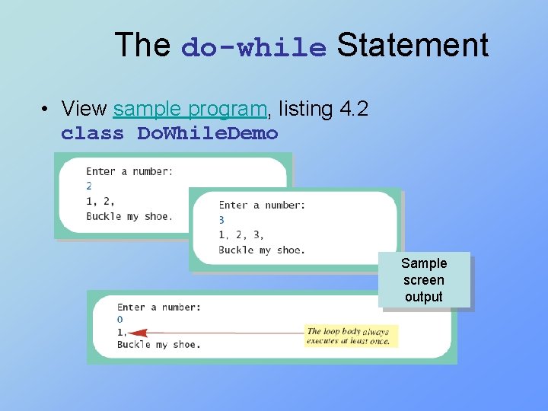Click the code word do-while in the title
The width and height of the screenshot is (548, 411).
coord(253,47)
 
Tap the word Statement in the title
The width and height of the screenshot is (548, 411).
coord(412,45)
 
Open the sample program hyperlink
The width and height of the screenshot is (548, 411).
coord(190,110)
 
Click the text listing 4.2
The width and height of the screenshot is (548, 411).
coord(323,110)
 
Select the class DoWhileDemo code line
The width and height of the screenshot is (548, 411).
coord(169,133)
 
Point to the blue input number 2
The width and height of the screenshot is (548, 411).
coord(89,186)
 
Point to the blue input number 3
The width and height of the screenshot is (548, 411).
coord(221,220)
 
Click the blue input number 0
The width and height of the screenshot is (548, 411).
coord(119,320)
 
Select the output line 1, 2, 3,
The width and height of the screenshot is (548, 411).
coord(241,234)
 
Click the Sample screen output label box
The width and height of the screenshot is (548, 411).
coord(424,280)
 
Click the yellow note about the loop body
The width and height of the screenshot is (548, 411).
coord(348,336)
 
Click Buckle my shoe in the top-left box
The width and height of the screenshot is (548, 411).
coord(129,216)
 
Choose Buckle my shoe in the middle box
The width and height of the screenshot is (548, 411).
coord(261,250)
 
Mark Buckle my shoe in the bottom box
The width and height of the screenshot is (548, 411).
coord(158,345)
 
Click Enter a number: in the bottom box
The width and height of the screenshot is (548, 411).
coord(158,307)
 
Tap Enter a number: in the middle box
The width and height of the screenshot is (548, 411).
coord(262,205)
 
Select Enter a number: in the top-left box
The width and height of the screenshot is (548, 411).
coord(129,171)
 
